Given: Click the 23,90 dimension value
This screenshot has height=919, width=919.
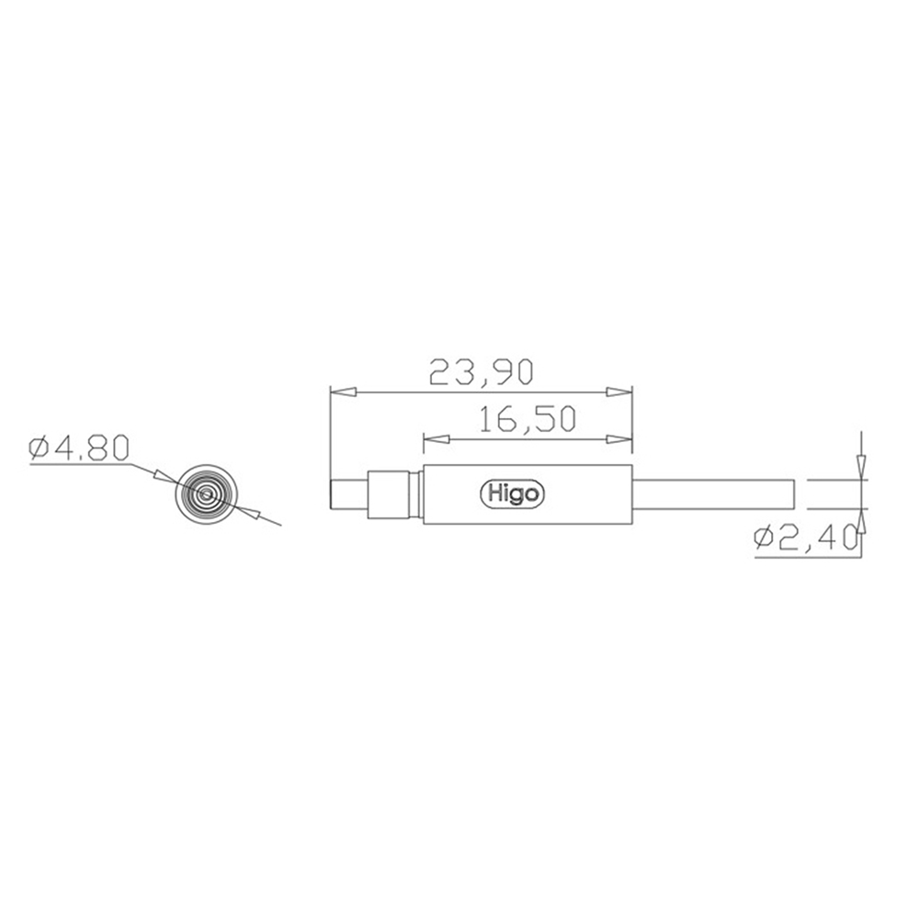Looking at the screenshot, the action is tap(482, 373).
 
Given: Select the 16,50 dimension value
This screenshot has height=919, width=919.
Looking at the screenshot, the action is tap(528, 419).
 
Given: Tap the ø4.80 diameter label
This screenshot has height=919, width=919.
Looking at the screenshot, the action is tap(78, 449).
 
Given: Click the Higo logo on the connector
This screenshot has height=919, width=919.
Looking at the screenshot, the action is tap(512, 494).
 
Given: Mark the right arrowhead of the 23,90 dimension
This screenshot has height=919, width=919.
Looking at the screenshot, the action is tap(619, 392).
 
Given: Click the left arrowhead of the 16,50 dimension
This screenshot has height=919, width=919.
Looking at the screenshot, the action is tap(437, 439).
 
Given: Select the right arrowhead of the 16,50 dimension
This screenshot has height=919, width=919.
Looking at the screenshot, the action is tap(619, 439).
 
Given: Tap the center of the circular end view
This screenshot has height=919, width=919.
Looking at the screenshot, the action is tap(206, 494).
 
